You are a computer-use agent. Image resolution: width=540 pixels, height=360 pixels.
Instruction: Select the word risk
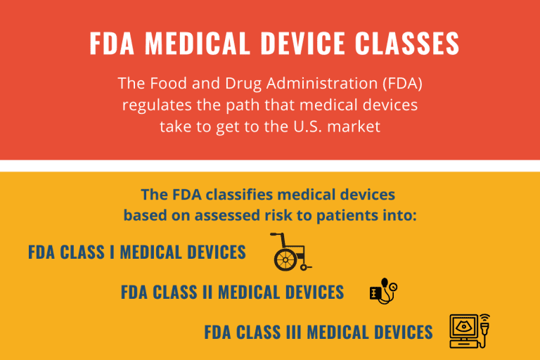[280, 215]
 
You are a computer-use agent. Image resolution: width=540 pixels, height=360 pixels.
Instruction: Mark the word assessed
[221, 215]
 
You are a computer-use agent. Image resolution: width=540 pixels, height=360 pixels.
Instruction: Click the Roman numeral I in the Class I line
[111, 252]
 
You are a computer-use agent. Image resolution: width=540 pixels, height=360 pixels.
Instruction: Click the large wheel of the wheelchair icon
[283, 261]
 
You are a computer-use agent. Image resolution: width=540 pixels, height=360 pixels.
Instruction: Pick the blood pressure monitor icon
[383, 291]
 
